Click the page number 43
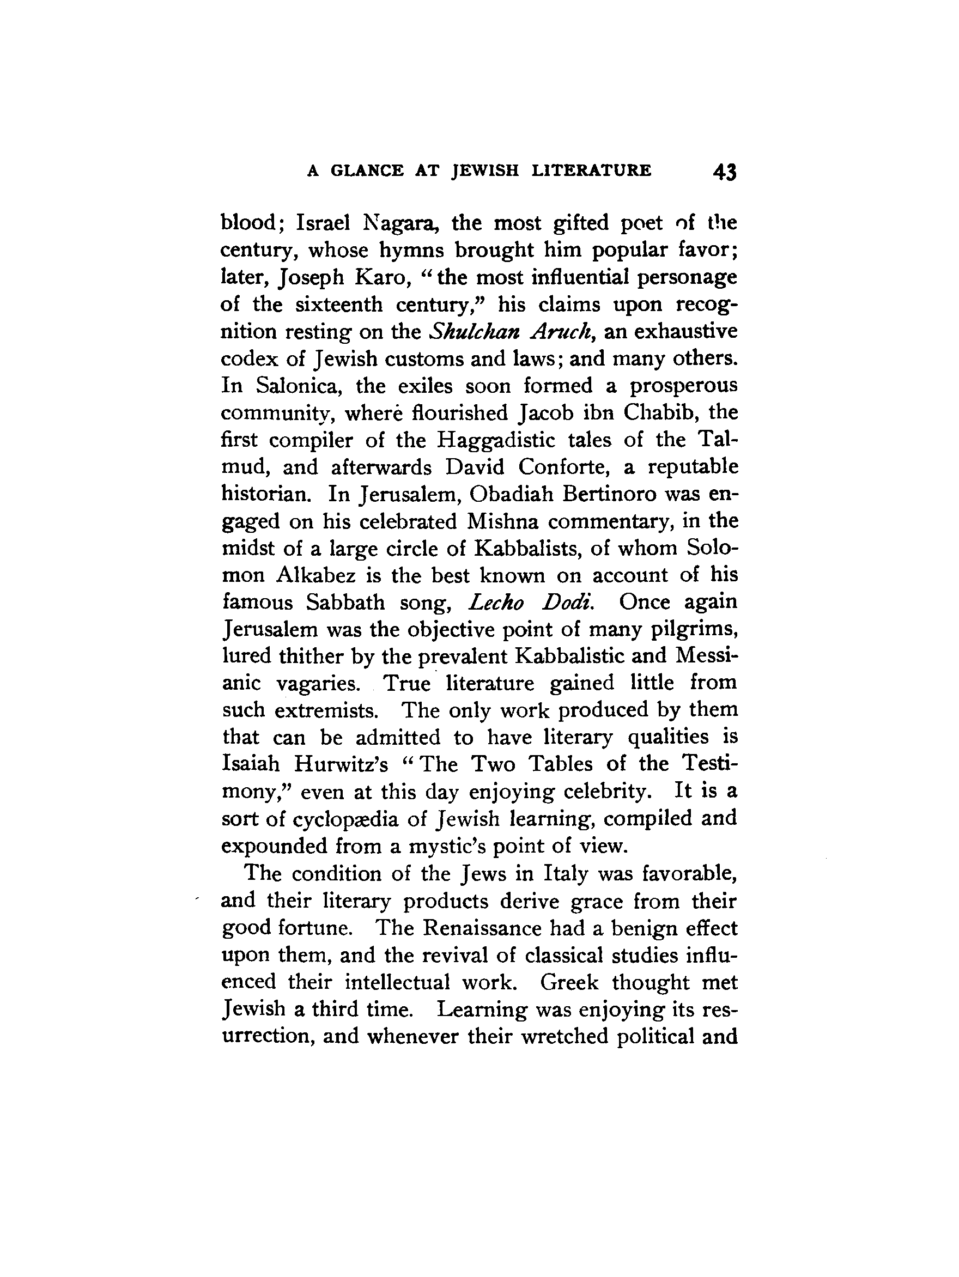tap(725, 172)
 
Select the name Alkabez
tap(315, 575)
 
